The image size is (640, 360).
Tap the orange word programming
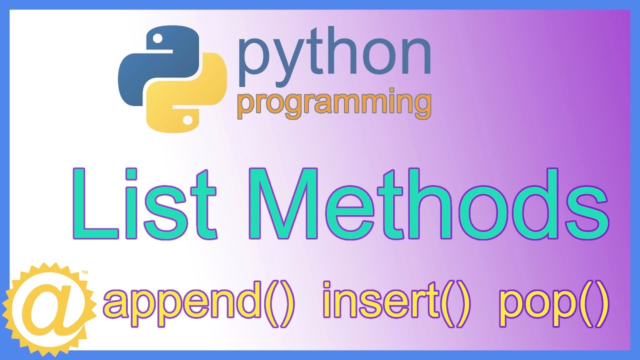pyautogui.click(x=334, y=104)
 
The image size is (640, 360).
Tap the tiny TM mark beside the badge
pyautogui.click(x=84, y=273)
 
